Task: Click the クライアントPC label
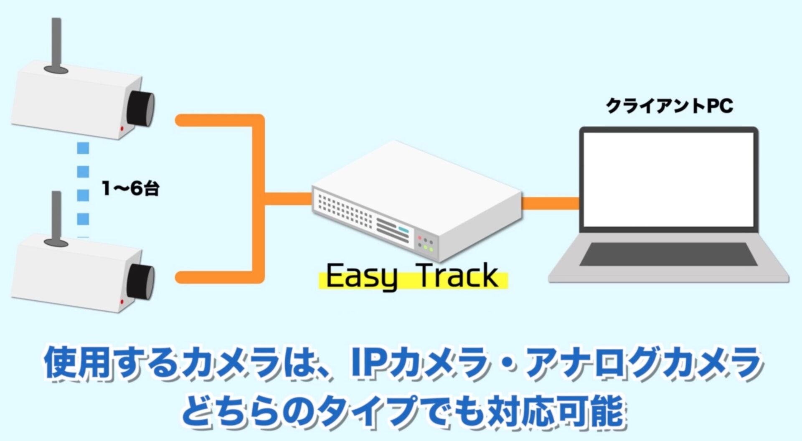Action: tap(669, 106)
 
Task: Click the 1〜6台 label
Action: tap(130, 189)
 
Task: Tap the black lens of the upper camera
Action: tap(141, 107)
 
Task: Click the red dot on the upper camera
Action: tap(122, 129)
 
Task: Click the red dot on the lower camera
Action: tap(122, 302)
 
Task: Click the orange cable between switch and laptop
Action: tap(551, 203)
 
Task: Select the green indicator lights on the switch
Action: tap(428, 248)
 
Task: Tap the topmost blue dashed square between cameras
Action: tap(83, 148)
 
